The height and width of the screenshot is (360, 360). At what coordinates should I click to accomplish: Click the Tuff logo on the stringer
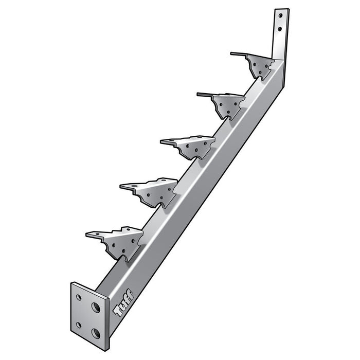(124, 302)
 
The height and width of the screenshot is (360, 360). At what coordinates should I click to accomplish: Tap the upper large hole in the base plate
(96, 308)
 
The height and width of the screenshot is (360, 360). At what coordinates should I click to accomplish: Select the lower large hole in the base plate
(96, 334)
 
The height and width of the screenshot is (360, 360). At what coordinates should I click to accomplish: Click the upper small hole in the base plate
(79, 298)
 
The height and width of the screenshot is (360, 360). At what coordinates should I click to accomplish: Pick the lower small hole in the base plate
(79, 325)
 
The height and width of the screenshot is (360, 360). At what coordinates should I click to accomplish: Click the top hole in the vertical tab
(280, 15)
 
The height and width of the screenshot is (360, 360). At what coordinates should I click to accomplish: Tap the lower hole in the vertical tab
(280, 29)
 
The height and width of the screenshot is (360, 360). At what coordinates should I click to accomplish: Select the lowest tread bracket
(115, 243)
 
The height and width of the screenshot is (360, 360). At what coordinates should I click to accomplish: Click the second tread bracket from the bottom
(149, 192)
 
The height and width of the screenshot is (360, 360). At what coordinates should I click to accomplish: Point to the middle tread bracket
(188, 147)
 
